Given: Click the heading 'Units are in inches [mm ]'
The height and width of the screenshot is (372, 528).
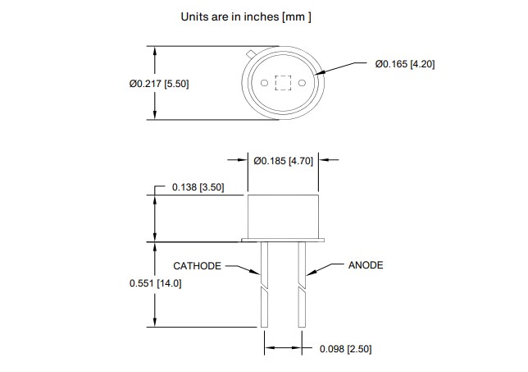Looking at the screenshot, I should click(245, 16).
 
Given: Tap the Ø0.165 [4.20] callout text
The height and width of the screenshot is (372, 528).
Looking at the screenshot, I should click(404, 64).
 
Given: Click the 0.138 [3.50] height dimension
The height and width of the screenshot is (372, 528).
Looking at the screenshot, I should click(198, 188).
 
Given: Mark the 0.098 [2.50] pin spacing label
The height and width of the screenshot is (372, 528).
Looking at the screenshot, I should click(345, 349).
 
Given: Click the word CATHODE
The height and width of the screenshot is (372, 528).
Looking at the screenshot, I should click(197, 266).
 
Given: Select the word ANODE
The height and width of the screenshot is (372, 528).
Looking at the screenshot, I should click(366, 265).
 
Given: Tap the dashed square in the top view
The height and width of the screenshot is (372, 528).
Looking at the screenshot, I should click(283, 84).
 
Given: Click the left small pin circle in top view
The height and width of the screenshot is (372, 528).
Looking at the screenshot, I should click(264, 84).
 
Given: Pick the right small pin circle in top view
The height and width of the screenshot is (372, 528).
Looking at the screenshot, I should click(303, 84).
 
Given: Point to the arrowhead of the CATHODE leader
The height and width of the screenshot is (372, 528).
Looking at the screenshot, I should click(259, 273).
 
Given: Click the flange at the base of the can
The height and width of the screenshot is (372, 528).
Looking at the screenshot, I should click(284, 241).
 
